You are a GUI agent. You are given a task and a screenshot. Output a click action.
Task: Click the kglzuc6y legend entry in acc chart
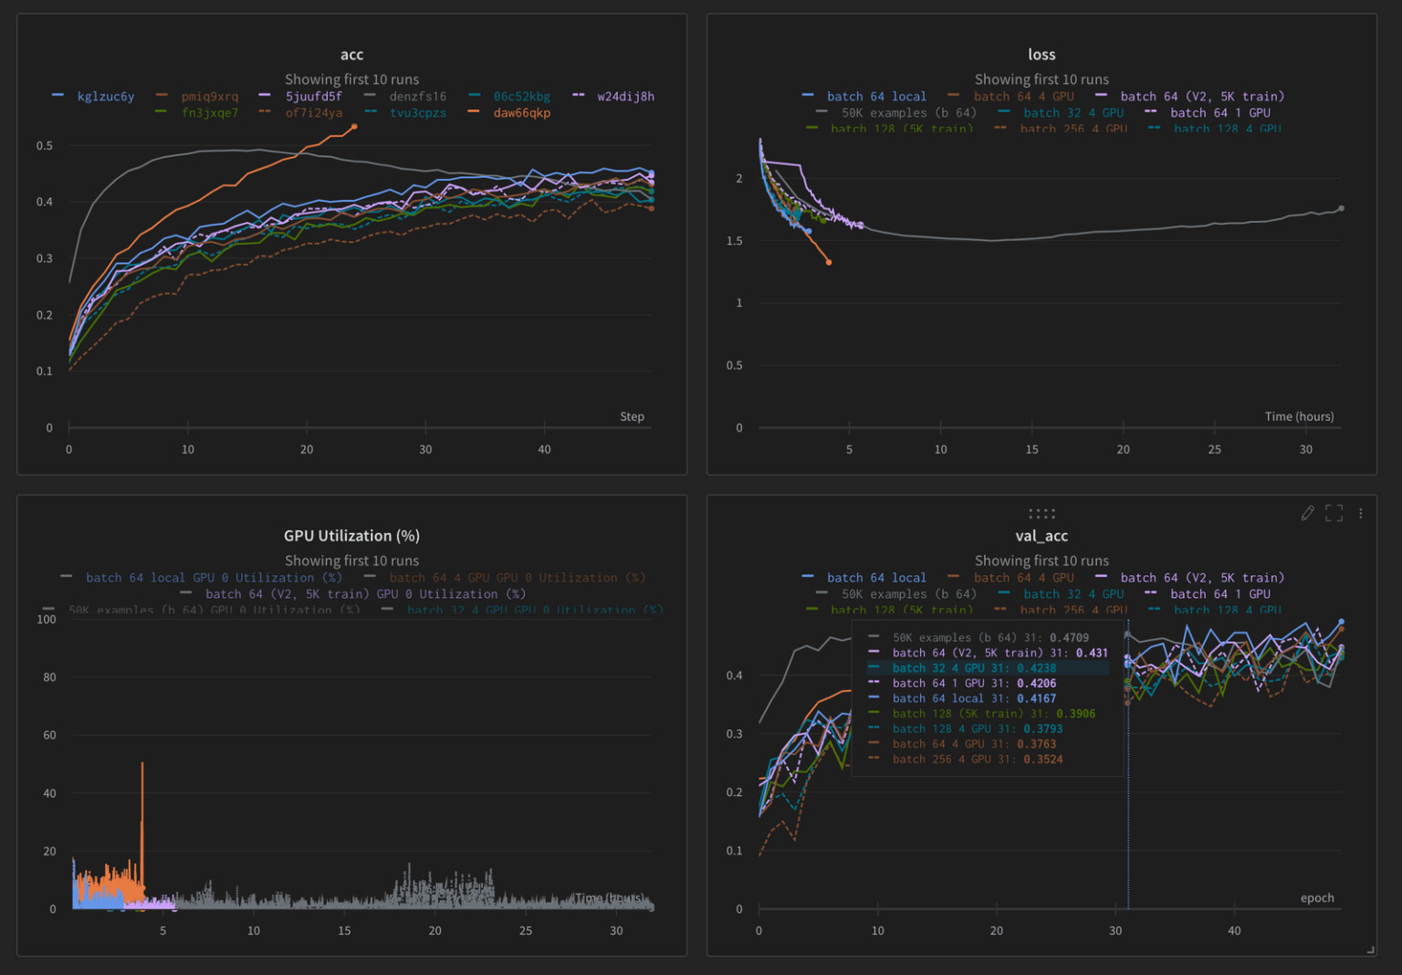(105, 97)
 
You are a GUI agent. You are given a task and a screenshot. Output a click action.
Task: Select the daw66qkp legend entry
(521, 113)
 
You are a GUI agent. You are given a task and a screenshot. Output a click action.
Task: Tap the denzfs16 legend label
(417, 97)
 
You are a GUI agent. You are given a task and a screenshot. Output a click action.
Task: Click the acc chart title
(351, 55)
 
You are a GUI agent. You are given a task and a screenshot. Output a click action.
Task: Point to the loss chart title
(1041, 55)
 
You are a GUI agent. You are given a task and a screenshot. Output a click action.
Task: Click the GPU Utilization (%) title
(351, 536)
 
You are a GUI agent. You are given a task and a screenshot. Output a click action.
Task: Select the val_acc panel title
(1041, 536)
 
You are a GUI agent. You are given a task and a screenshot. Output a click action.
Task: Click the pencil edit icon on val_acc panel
(1307, 513)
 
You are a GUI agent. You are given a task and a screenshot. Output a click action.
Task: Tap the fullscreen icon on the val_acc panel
(1334, 513)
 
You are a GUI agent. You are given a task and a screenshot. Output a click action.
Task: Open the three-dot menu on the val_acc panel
(1360, 513)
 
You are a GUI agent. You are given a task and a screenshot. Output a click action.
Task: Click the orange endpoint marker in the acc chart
(354, 127)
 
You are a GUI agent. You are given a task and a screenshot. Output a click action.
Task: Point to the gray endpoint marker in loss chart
(1341, 209)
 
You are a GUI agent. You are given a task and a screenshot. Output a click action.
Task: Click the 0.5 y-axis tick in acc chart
(45, 146)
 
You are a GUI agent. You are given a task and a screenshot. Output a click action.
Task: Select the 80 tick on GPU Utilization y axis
(49, 677)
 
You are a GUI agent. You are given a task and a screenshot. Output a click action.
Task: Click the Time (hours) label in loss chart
(1299, 416)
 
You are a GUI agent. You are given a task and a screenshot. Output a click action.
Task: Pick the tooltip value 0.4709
(1069, 638)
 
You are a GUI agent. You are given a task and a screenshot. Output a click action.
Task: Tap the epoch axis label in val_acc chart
(1317, 898)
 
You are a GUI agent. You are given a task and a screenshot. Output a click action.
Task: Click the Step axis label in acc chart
(632, 416)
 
